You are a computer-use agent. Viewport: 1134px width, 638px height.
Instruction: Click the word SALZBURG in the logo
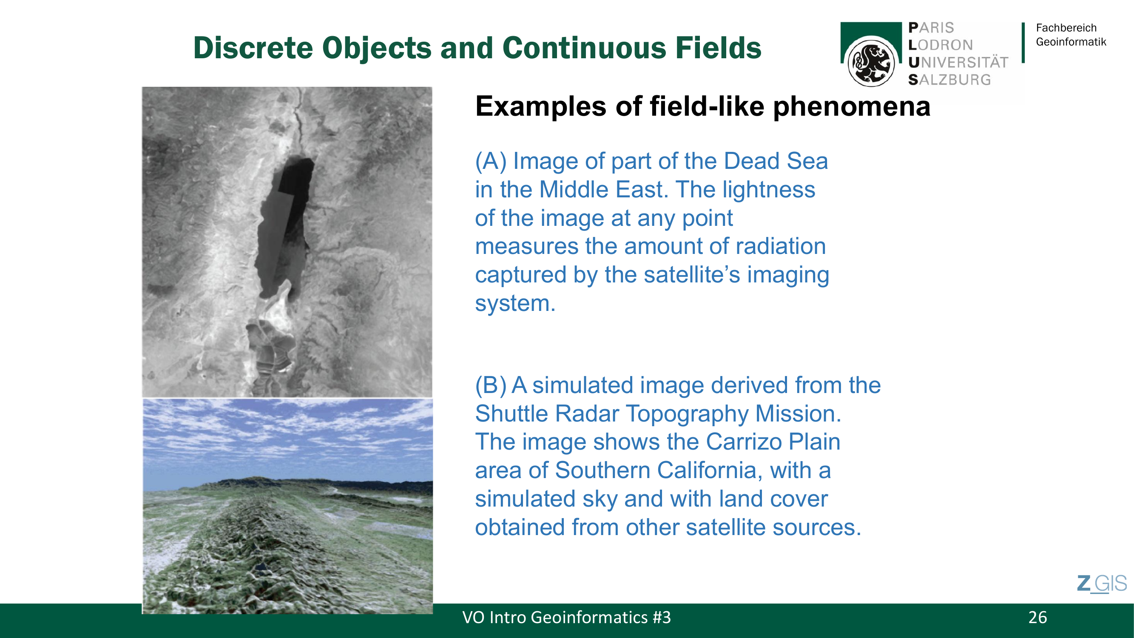click(x=949, y=80)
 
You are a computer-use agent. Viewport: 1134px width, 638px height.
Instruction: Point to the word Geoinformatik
click(x=1071, y=42)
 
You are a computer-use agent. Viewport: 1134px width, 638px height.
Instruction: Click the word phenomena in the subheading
click(x=851, y=107)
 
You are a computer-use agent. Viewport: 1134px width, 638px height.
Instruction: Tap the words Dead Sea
click(x=776, y=161)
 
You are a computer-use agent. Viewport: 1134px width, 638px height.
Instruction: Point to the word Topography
click(x=687, y=414)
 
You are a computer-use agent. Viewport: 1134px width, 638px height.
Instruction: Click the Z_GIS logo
click(x=1102, y=584)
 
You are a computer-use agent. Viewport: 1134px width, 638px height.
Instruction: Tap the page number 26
click(x=1037, y=617)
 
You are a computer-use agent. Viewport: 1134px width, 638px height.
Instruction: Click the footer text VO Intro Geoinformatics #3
click(x=566, y=617)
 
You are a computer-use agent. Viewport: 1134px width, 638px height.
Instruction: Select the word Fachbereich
click(x=1066, y=28)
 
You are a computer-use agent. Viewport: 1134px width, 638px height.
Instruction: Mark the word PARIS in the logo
click(x=931, y=28)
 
